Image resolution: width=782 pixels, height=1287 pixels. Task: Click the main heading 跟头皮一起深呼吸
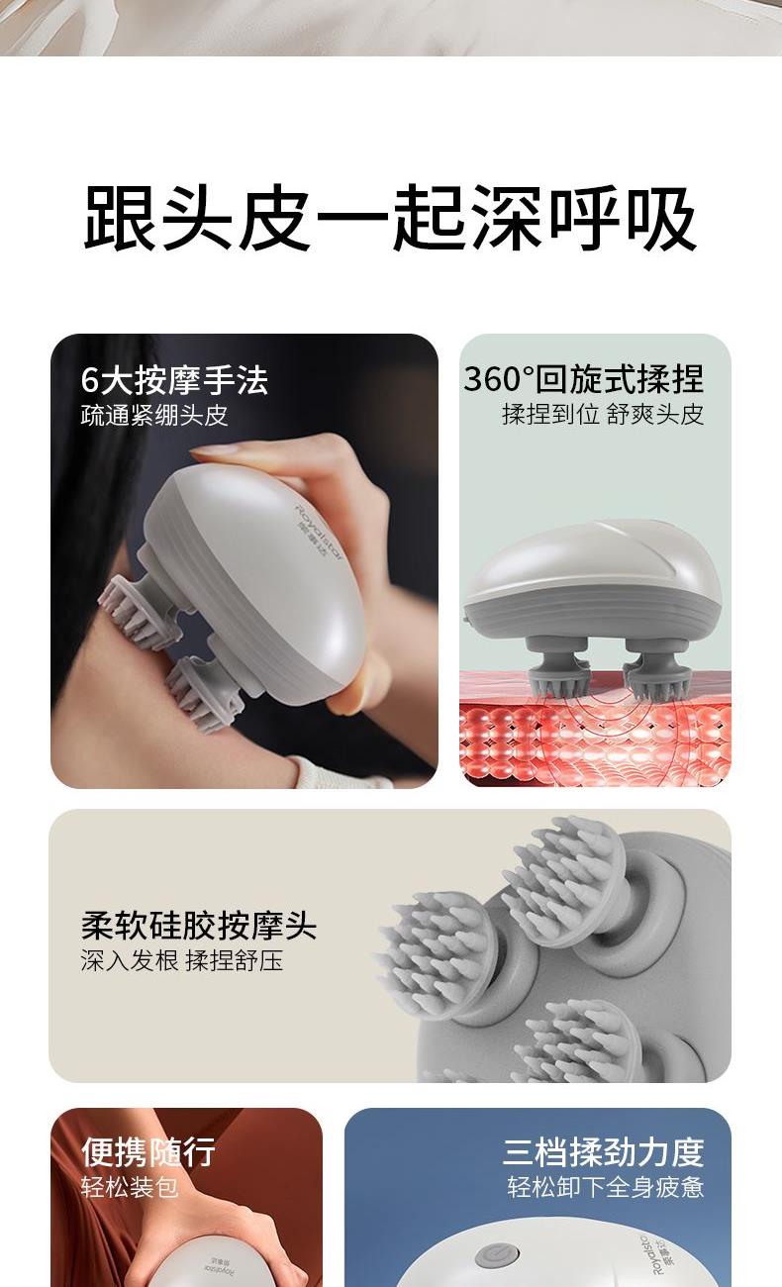[391, 218]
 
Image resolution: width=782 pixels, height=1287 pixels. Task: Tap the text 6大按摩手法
[174, 380]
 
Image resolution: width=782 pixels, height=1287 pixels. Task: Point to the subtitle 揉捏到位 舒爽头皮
[603, 414]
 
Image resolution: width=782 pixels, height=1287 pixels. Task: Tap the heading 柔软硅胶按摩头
[199, 925]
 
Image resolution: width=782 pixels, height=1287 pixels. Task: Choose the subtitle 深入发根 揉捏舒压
[182, 960]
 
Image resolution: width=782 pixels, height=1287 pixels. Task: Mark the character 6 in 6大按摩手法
[90, 380]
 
